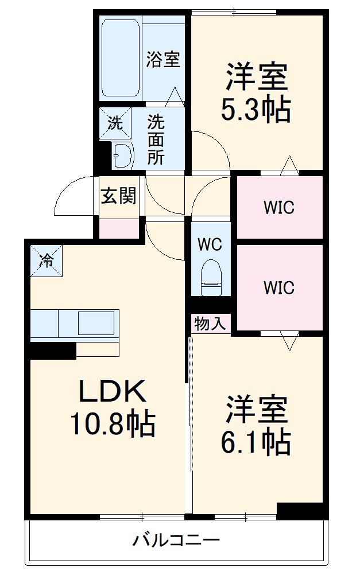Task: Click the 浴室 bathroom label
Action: pos(163,60)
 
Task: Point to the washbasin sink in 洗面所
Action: pos(122,155)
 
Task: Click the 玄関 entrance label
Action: pos(119,196)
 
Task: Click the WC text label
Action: pos(210,244)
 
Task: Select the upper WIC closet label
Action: pos(279,208)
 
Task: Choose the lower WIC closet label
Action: pos(279,287)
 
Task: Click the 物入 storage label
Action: pos(210,324)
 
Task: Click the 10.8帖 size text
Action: pos(112,425)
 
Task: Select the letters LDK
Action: pos(112,392)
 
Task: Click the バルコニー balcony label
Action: pos(177,540)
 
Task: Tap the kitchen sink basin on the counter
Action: pos(95,324)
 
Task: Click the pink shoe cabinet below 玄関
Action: pos(119,228)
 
